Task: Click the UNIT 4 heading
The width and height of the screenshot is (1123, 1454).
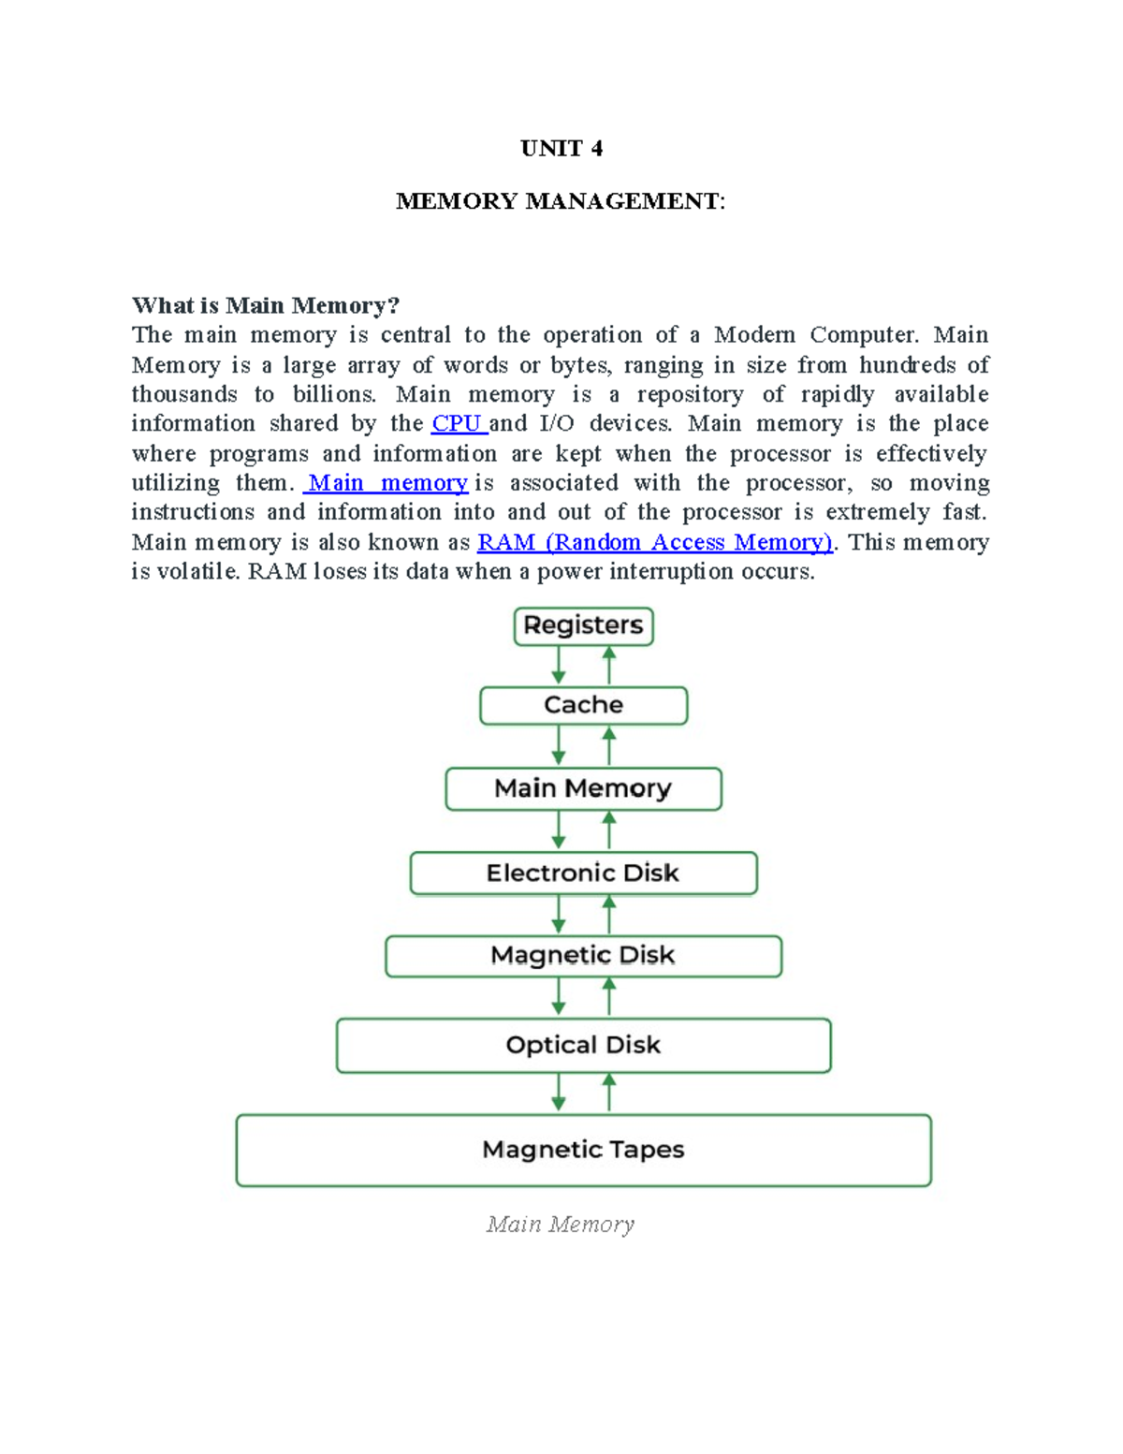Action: tap(561, 149)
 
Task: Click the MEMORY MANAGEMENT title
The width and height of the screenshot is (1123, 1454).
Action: tap(560, 201)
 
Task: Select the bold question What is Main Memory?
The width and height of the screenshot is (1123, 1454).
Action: tap(266, 305)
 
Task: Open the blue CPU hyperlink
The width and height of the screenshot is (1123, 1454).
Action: tap(458, 423)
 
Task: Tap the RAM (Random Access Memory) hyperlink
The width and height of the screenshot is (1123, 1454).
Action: tap(654, 542)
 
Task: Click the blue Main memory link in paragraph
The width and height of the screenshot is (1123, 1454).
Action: tap(387, 483)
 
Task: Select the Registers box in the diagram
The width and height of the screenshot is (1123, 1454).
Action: tap(583, 625)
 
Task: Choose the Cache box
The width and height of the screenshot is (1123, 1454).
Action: tap(583, 705)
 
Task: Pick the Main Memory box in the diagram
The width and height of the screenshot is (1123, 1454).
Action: tap(583, 788)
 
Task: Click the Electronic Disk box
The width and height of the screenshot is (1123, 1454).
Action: tap(583, 873)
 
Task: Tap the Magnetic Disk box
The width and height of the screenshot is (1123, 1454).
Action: tap(583, 956)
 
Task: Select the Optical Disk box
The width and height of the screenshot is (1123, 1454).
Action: tap(583, 1045)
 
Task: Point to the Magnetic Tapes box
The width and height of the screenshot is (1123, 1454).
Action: tap(583, 1150)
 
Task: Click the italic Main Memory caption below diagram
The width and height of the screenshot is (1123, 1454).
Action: tap(560, 1225)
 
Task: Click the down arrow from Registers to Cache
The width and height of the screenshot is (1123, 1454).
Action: tap(559, 666)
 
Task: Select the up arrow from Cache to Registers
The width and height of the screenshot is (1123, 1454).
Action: tap(609, 666)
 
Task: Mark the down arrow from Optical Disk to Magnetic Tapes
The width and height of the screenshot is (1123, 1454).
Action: tap(559, 1093)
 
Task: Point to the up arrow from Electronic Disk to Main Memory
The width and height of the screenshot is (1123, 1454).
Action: tap(609, 830)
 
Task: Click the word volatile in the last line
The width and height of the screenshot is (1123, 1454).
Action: tap(197, 571)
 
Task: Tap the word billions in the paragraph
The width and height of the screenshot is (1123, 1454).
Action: tap(334, 394)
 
